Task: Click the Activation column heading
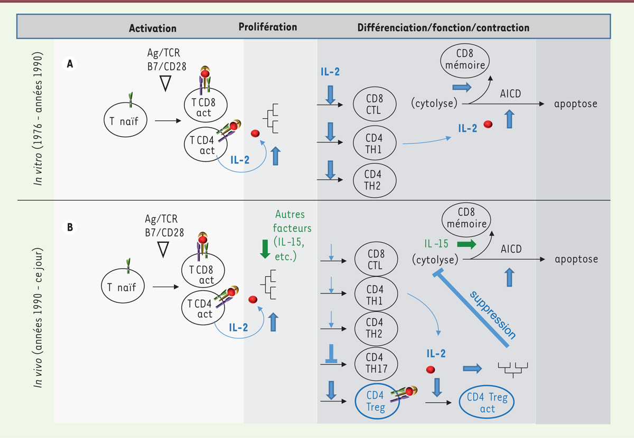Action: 153,28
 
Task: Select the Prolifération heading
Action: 268,27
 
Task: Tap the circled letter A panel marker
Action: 70,64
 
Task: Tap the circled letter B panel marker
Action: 70,227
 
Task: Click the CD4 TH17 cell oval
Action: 376,364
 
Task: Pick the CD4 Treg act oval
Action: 487,402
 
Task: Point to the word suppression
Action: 493,315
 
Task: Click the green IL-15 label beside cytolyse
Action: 436,244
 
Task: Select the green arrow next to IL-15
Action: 467,244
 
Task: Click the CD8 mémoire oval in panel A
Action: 465,61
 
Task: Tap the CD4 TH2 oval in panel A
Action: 375,180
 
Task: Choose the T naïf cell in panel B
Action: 123,286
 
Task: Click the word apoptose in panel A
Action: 575,104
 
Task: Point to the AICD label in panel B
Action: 511,249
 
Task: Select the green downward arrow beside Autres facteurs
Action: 265,249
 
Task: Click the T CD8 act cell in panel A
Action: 206,105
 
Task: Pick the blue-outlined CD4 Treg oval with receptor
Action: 377,401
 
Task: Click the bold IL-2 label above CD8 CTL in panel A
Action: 330,72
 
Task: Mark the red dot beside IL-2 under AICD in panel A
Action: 488,124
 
